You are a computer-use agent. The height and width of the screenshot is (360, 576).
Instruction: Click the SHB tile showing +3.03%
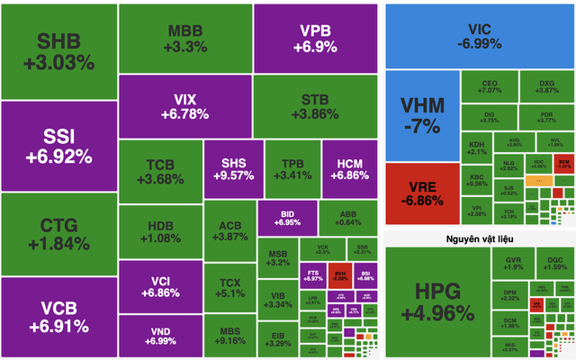[x=58, y=51]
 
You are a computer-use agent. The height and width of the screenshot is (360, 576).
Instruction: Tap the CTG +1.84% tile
[x=58, y=233]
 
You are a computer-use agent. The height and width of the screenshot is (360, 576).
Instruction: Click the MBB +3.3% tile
[x=184, y=38]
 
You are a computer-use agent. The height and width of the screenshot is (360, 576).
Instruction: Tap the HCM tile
[x=347, y=168]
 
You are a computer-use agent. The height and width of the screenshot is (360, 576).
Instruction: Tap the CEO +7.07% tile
[x=490, y=88]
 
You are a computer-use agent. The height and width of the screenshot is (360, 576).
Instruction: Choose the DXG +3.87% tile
[x=546, y=88]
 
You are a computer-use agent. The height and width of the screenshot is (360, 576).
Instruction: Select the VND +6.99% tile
[x=161, y=335]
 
